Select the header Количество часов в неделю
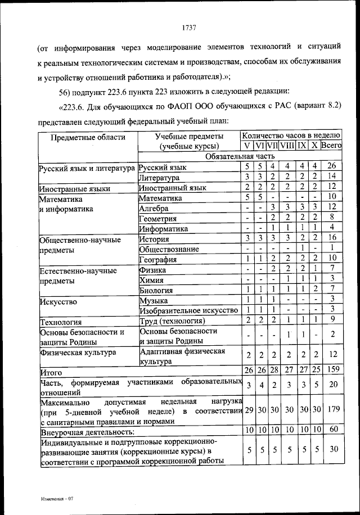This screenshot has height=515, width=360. coord(291,135)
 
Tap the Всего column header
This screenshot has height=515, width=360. coord(332,146)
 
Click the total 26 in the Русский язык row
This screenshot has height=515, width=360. coord(332,167)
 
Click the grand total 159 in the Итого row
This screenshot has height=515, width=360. coord(332,370)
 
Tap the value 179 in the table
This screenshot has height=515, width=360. coord(332,410)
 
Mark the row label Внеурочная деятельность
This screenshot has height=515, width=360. coord(87,432)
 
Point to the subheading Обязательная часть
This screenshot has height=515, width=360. coord(240,156)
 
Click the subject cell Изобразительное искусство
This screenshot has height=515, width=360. coord(188,310)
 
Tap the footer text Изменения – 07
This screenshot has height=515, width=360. coord(57,499)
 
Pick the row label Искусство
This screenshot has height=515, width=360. coord(58,301)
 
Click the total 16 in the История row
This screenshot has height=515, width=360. coord(332,238)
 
